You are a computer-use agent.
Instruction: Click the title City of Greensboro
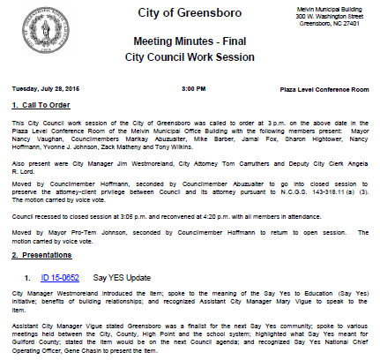pos(190,14)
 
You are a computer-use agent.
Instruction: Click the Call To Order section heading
pos(45,105)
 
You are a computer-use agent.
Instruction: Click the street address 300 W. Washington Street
pos(331,15)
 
